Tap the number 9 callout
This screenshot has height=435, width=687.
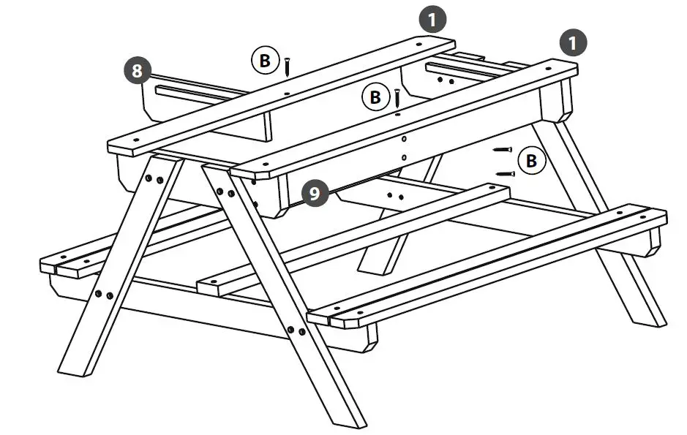point(315,194)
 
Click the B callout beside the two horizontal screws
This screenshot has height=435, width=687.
point(530,160)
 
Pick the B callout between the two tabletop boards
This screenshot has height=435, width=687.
point(375,96)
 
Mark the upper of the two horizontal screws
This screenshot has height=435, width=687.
point(502,149)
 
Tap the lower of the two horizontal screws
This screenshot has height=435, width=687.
point(504,173)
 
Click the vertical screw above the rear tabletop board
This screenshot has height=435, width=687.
point(288,67)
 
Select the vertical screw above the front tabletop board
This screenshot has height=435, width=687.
point(397,98)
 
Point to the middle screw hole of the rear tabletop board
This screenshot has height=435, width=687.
point(286,94)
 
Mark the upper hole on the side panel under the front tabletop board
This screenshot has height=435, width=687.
point(403,138)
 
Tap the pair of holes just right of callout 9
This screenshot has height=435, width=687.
point(395,196)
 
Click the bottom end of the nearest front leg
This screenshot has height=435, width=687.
point(350,420)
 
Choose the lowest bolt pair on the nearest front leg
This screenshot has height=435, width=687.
point(296,331)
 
